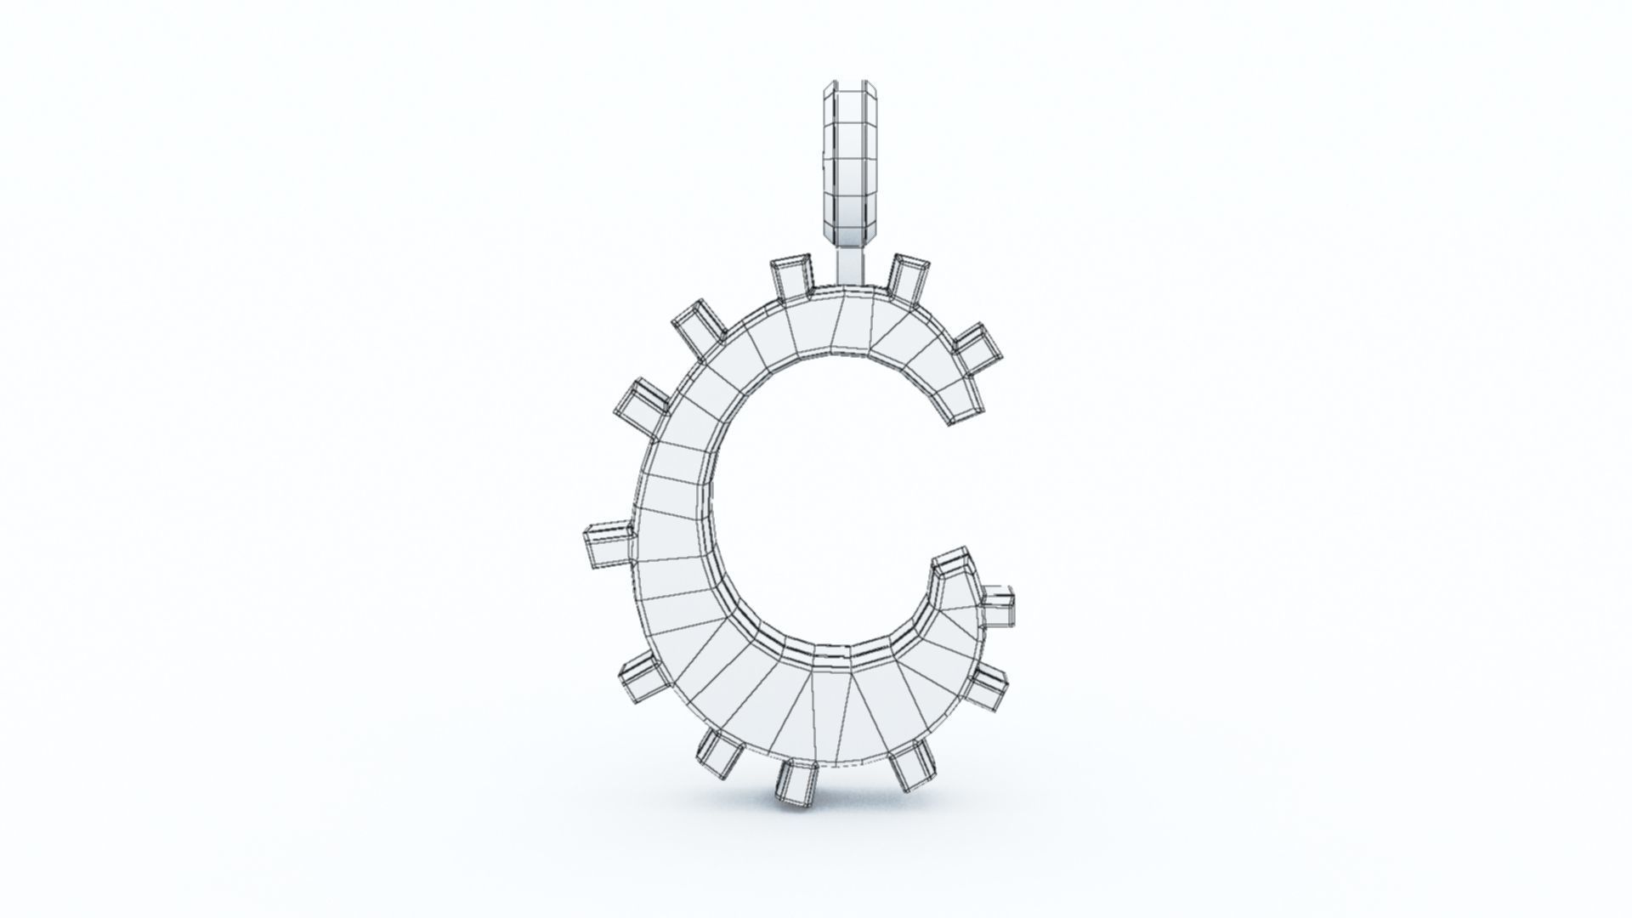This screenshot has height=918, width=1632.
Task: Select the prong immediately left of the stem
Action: point(791,278)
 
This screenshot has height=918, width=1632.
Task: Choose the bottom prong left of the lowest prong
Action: point(721,752)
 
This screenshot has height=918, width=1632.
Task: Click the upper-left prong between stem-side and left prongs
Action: point(700,325)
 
